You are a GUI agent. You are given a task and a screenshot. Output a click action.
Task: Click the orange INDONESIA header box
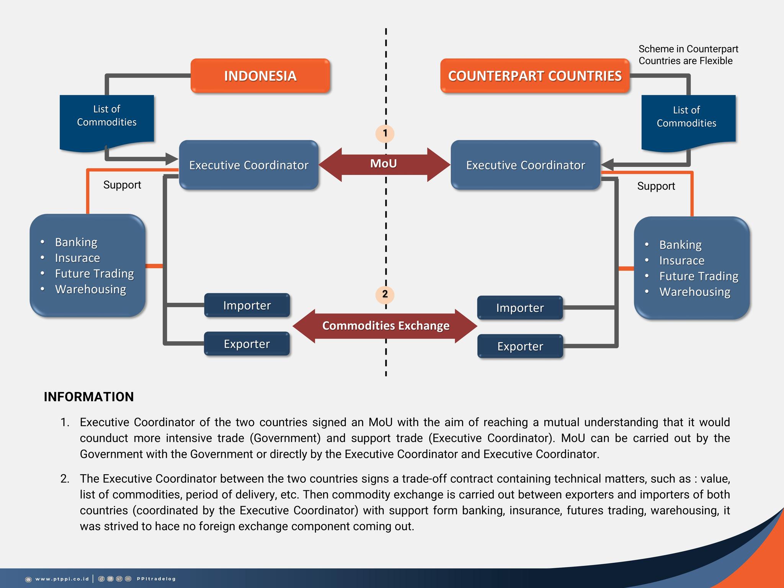(260, 76)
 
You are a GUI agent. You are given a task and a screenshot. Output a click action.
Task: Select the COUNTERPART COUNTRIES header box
(535, 76)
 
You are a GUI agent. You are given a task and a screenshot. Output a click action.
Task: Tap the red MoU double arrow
(384, 164)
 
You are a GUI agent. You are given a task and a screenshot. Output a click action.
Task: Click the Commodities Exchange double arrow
(385, 326)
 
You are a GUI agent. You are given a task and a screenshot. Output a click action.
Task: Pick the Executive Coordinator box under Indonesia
(249, 165)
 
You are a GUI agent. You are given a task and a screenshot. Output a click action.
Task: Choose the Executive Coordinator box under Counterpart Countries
(526, 165)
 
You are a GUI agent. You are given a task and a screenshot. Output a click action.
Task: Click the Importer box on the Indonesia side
(247, 305)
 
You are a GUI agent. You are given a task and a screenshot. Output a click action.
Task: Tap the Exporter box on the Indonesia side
(247, 344)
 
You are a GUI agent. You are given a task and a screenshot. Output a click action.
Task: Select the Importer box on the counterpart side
(520, 308)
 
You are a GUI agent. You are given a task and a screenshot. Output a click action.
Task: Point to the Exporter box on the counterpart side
(520, 346)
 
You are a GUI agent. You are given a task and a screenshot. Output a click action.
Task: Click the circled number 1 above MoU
(385, 133)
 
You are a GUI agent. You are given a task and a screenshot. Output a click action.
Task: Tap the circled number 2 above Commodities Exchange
(385, 294)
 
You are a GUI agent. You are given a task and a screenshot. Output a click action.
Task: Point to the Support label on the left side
(122, 185)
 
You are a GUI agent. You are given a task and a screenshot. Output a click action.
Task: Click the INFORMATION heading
(89, 397)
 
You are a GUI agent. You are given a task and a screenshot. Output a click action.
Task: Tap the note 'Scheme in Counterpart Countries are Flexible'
(688, 55)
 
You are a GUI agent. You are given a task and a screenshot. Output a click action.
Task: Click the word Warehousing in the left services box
(90, 289)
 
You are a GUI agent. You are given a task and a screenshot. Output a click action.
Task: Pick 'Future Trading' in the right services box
(699, 276)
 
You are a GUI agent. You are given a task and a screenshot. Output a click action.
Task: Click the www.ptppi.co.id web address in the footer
(62, 579)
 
